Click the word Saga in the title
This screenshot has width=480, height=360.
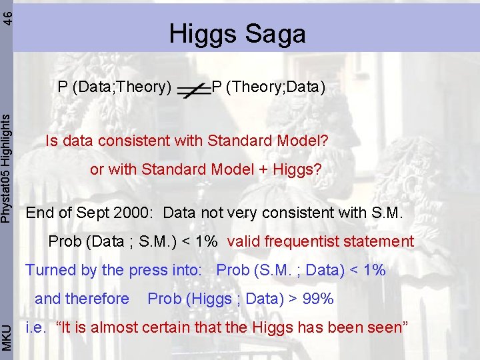tap(273, 34)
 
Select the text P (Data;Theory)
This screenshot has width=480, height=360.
tap(115, 87)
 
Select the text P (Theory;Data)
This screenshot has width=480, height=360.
tap(268, 87)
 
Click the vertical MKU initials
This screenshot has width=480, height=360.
tap(6, 336)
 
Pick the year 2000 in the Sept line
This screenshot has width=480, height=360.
tap(137, 213)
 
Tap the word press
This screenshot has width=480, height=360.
tap(145, 271)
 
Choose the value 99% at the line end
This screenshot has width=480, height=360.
tap(318, 299)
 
